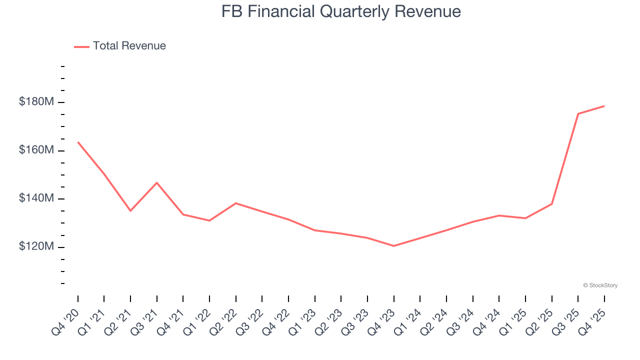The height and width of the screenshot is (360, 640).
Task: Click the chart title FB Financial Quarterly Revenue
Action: tap(341, 11)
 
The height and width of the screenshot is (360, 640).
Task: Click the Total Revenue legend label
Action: tap(129, 46)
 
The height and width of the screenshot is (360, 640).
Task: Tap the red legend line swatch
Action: tap(81, 46)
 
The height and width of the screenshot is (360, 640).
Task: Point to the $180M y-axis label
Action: tap(36, 102)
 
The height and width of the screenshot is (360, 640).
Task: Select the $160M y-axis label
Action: tap(36, 150)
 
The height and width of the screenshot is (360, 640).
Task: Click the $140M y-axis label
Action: tap(36, 198)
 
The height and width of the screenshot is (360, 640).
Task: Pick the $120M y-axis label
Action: tap(36, 247)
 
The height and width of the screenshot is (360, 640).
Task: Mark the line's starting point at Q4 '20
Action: tap(78, 142)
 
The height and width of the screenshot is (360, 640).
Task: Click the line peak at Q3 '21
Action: tap(157, 182)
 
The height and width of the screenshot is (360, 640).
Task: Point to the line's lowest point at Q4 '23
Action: tap(393, 246)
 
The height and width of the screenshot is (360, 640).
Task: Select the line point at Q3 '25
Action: tap(578, 114)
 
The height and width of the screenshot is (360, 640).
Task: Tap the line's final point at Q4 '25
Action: tap(604, 106)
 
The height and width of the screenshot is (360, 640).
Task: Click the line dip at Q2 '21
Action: tap(130, 210)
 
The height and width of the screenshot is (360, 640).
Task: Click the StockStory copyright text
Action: tap(600, 285)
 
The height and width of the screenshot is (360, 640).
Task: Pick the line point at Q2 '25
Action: tap(551, 203)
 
